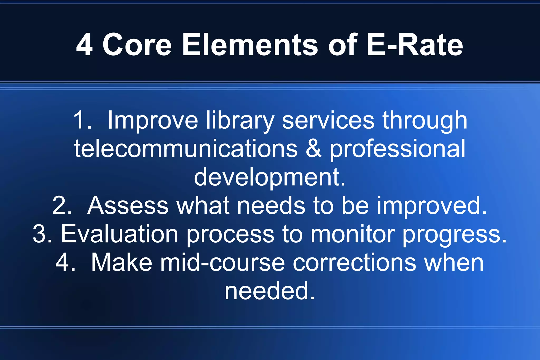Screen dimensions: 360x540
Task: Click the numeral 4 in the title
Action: point(84,45)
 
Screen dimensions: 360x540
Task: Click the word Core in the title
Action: point(137,45)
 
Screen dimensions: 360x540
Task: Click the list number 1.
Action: point(82,120)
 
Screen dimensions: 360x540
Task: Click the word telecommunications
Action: point(186,149)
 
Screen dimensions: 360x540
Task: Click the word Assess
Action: point(128,206)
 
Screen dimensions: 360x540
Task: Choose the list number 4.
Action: point(64,263)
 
